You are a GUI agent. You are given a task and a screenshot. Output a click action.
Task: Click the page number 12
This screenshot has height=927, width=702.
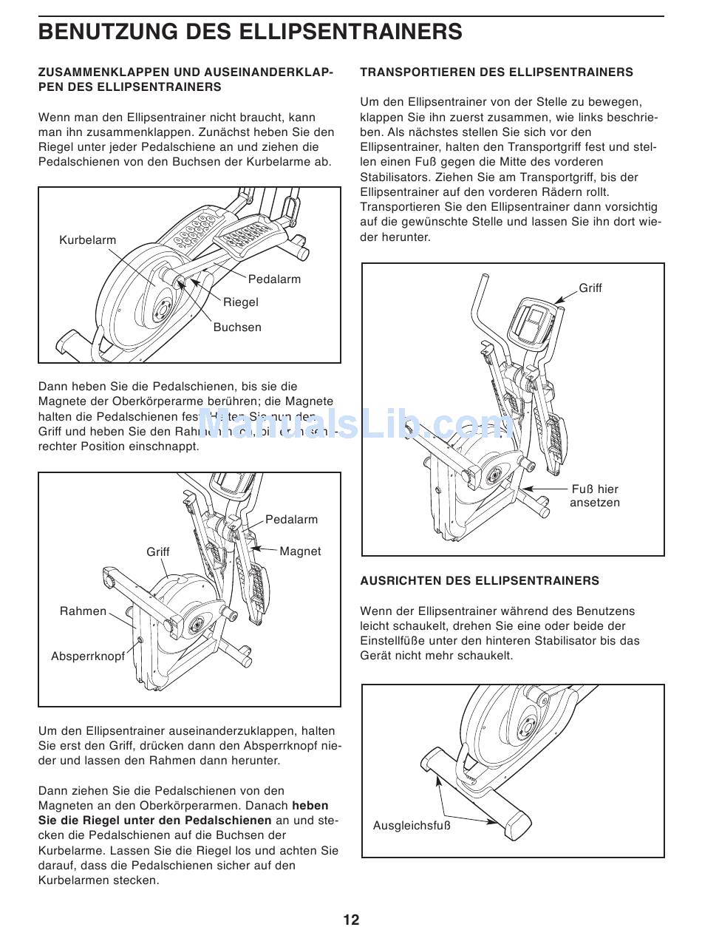pyautogui.click(x=351, y=919)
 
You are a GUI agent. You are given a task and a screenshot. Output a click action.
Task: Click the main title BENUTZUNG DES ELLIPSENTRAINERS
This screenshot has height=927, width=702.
pyautogui.click(x=251, y=32)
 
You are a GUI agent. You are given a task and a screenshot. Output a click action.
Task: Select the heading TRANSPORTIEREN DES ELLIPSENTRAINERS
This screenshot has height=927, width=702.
pyautogui.click(x=496, y=72)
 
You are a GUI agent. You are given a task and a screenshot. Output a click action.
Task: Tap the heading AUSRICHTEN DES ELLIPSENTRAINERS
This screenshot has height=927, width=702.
pyautogui.click(x=480, y=581)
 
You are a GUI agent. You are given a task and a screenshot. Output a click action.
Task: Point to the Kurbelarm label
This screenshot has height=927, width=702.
pyautogui.click(x=87, y=240)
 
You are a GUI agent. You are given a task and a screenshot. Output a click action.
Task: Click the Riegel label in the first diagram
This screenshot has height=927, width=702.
pyautogui.click(x=241, y=302)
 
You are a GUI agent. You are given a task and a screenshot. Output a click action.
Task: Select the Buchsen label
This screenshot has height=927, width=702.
pyautogui.click(x=237, y=327)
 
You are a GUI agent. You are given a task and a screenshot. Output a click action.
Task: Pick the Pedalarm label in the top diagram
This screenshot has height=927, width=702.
pyautogui.click(x=274, y=279)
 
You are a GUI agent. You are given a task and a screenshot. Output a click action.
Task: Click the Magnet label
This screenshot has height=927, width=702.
pyautogui.click(x=300, y=551)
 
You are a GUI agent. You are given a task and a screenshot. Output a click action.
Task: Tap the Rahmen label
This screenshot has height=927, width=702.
pyautogui.click(x=83, y=611)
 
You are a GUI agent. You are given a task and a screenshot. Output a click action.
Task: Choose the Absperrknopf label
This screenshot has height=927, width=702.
pyautogui.click(x=88, y=656)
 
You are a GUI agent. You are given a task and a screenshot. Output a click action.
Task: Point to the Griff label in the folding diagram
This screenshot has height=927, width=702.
pyautogui.click(x=157, y=552)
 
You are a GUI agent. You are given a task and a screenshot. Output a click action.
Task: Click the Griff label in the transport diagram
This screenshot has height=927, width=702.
pyautogui.click(x=590, y=288)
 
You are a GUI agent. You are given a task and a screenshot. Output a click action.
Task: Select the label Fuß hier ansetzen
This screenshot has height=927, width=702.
pyautogui.click(x=594, y=496)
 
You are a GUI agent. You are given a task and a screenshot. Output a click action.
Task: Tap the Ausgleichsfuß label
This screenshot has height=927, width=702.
pyautogui.click(x=412, y=826)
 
